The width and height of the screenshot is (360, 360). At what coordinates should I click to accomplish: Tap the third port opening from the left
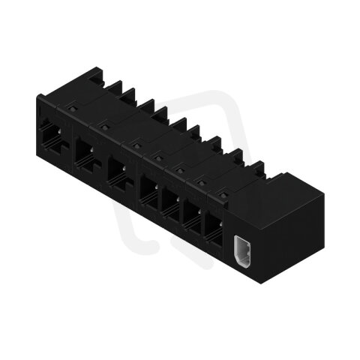pos(117,172)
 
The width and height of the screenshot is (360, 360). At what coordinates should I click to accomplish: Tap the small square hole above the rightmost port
pos(222,189)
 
